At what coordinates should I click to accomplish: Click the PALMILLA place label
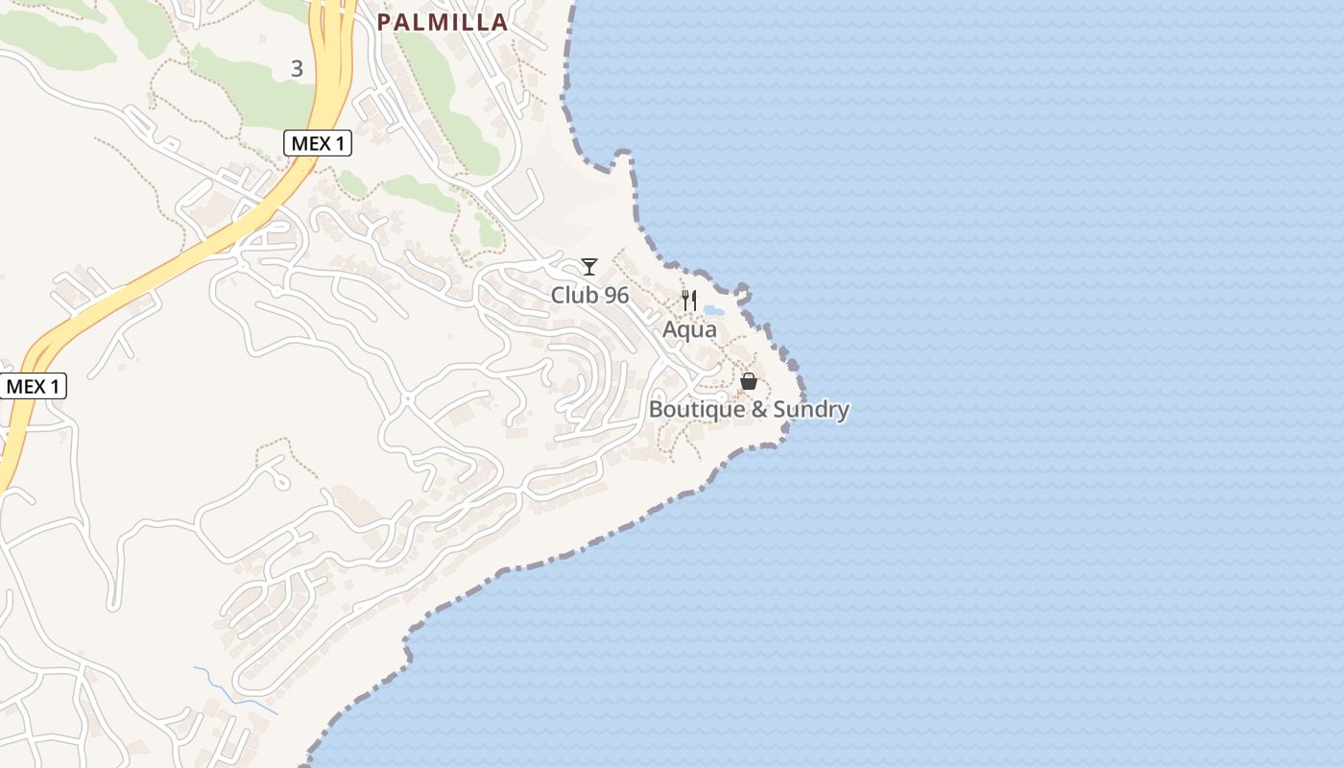[442, 22]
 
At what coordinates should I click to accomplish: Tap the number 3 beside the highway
[297, 69]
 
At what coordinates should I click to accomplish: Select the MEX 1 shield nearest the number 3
[318, 144]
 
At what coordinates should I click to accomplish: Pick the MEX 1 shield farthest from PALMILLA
[33, 387]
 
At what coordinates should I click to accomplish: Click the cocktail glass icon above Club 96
[589, 266]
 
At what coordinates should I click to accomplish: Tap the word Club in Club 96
[571, 296]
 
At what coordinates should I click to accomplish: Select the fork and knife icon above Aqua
[689, 300]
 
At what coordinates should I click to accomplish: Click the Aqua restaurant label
[689, 329]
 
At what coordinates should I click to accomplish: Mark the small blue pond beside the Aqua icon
[713, 311]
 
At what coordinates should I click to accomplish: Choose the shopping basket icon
[749, 381]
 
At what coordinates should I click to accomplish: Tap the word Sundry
[811, 410]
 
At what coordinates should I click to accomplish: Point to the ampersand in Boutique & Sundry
[758, 410]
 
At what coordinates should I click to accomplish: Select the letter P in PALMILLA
[385, 22]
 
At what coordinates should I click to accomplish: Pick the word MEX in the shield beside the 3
[309, 144]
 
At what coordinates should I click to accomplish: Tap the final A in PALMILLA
[498, 22]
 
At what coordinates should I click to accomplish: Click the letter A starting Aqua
[670, 329]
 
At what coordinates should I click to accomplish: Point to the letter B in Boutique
[657, 410]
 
